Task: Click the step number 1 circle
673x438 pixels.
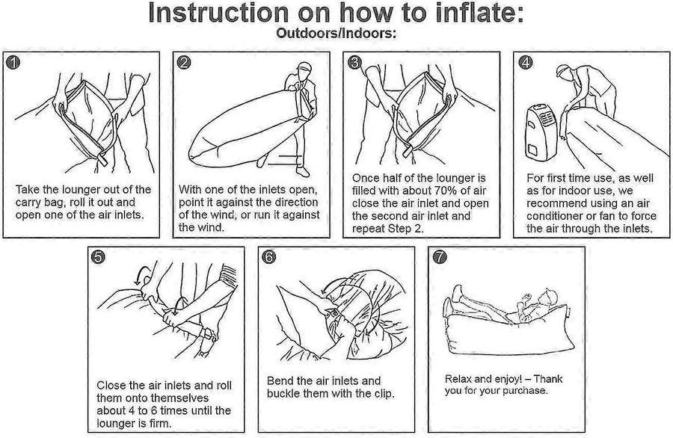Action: (13, 63)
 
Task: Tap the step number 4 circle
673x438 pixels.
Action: (526, 63)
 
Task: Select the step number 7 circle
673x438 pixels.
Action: (440, 257)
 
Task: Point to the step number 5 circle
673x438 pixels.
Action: (98, 257)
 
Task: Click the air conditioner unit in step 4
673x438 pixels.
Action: (541, 132)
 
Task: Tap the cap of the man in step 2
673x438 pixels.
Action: (304, 67)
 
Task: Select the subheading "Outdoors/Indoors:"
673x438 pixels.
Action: (336, 33)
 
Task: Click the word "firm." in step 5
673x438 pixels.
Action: (159, 423)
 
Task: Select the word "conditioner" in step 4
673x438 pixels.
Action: (555, 216)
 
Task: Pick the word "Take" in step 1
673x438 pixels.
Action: (28, 190)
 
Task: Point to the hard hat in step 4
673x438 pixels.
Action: (563, 70)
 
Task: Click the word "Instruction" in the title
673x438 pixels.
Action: (219, 13)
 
